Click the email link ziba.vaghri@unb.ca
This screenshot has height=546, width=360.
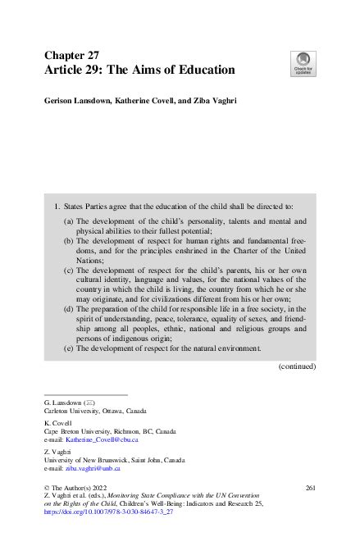(x=92, y=468)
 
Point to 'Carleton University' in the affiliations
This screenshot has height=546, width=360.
(x=75, y=411)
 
